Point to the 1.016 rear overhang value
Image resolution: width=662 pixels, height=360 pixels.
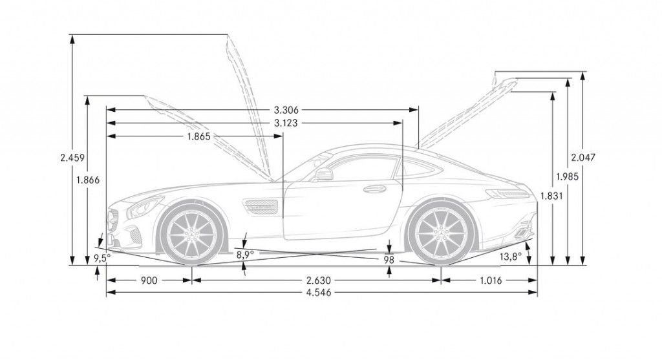point(491,281)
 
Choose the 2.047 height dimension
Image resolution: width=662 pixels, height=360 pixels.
point(583,156)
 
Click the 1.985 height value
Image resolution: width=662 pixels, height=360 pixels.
point(567,175)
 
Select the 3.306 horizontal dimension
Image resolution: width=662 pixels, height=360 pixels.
point(285,110)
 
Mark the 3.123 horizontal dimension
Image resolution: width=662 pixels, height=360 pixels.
point(285,123)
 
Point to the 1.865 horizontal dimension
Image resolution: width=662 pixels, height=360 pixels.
point(198,136)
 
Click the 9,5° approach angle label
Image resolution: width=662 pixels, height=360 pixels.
point(101,257)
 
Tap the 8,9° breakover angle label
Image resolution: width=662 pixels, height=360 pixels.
point(244,255)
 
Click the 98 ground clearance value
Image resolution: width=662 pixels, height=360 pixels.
point(389,259)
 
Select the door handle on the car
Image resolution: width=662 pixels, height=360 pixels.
point(374,189)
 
